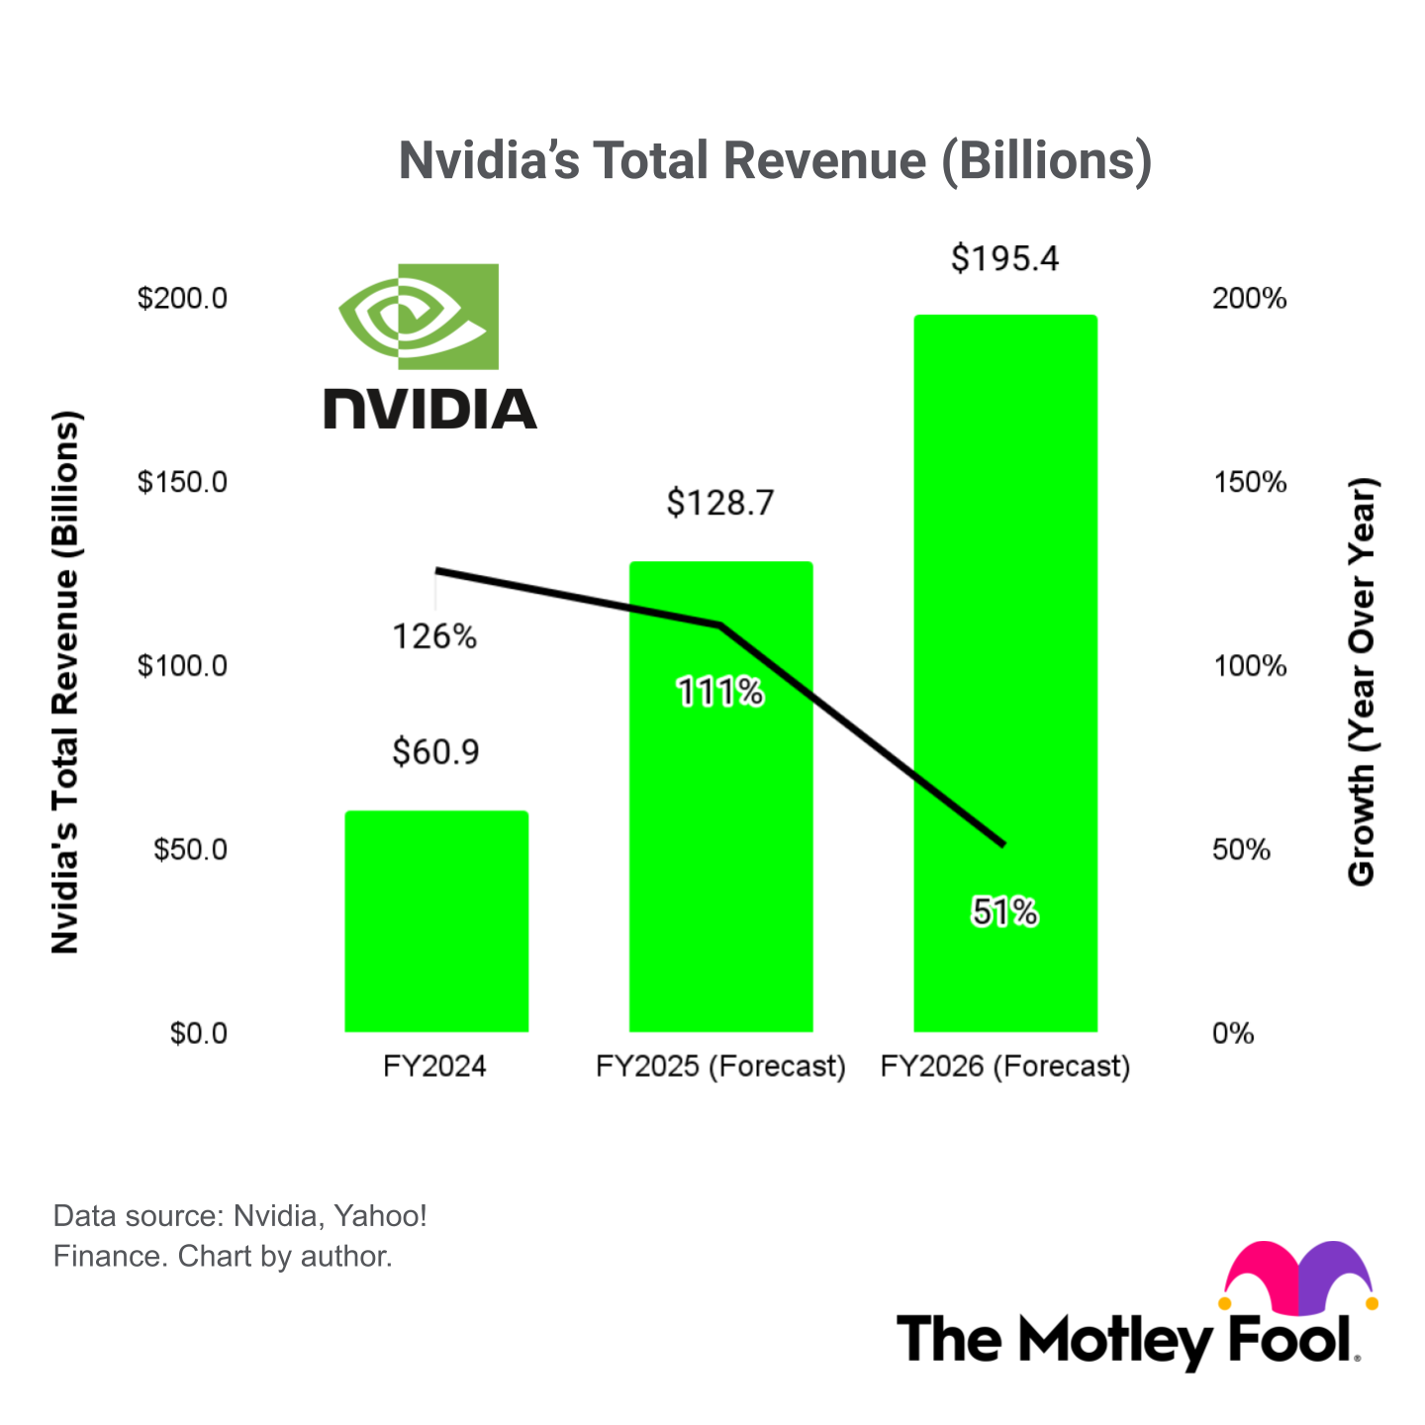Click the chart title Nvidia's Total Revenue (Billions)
[775, 160]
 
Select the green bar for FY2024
[436, 920]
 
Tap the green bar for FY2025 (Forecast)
[720, 841]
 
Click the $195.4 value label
[1004, 258]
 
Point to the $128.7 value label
[719, 503]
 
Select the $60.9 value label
[435, 752]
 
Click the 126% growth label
[434, 636]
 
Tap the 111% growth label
[719, 693]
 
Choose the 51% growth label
[1004, 911]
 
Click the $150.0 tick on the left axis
[182, 482]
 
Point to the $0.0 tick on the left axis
[198, 1033]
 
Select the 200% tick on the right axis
[1249, 298]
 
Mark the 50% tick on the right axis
[1241, 849]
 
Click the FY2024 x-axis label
[434, 1066]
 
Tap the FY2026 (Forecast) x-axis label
[1004, 1066]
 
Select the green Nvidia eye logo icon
[419, 317]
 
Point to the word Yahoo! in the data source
[380, 1215]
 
